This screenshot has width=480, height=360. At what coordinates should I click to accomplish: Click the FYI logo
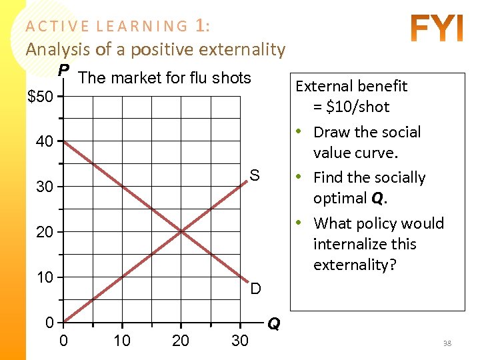click(437, 29)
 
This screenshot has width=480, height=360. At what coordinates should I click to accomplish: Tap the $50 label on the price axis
click(39, 97)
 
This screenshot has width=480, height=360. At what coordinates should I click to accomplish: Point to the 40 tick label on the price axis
click(45, 142)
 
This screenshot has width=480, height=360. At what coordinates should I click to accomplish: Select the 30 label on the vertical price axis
click(45, 187)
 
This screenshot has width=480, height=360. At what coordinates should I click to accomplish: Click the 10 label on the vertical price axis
click(45, 278)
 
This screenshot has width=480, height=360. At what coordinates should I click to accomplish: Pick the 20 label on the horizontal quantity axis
click(181, 341)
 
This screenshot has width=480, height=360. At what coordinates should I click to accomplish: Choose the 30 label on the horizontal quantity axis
click(239, 341)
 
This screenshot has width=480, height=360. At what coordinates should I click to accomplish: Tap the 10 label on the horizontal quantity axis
click(122, 341)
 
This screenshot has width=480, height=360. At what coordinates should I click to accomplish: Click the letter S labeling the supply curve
click(254, 176)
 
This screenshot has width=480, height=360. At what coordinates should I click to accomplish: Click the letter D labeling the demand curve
click(255, 289)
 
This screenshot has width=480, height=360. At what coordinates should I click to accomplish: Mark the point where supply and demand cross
click(181, 232)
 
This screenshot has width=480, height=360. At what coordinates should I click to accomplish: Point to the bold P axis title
click(63, 71)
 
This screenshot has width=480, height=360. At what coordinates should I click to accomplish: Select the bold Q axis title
click(273, 324)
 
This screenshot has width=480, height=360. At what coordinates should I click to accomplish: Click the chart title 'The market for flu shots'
click(165, 78)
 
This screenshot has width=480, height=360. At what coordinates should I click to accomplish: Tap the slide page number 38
click(447, 343)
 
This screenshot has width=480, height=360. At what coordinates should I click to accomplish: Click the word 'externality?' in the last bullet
click(355, 265)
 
